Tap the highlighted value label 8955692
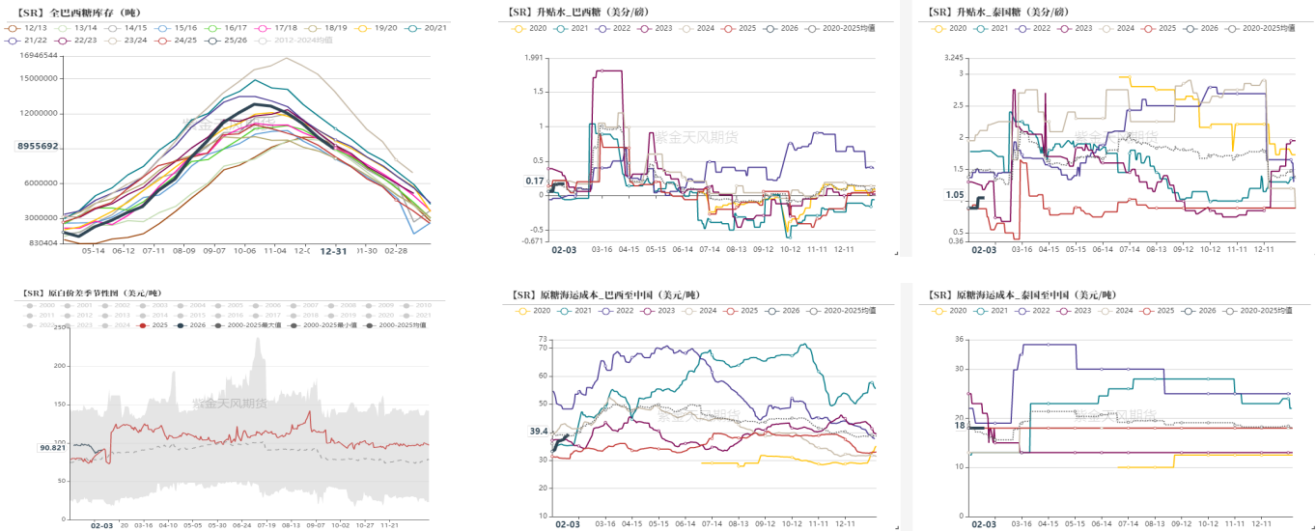pos(38,146)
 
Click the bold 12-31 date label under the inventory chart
pos(333,250)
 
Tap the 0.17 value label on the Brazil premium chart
pos(535,181)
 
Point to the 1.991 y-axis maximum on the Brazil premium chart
pos(534,57)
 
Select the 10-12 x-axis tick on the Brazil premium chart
pos(791,249)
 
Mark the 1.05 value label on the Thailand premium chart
pos(955,195)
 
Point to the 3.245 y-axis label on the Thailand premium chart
pos(955,58)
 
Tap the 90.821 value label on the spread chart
pos(52,447)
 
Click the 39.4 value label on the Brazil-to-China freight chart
pos(538,432)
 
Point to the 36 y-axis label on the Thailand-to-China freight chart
pos(959,339)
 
